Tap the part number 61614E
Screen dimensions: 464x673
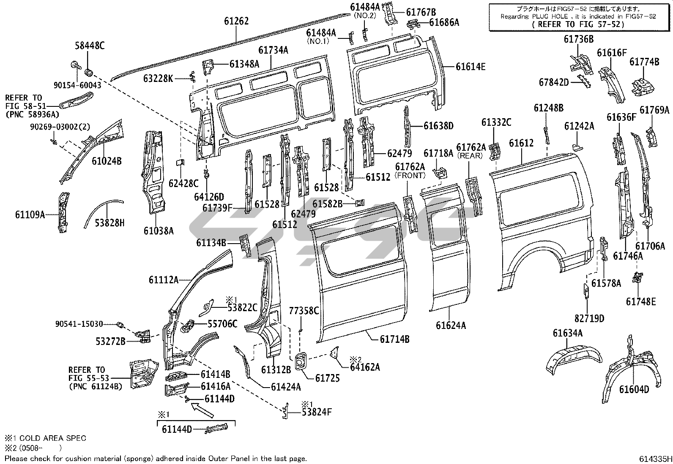coord(471,66)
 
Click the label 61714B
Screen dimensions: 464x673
coord(394,339)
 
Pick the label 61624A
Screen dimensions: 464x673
coord(451,325)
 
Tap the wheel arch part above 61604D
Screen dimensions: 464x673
coord(630,367)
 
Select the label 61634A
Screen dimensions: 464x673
coord(567,333)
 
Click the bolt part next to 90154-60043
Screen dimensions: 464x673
coord(73,65)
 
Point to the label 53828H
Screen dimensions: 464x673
coord(109,223)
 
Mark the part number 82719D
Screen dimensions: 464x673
coord(589,318)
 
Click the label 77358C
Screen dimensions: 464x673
coord(304,311)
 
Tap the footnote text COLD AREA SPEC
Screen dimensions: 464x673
coord(50,438)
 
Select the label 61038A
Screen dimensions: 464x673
coord(159,231)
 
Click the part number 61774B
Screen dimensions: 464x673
coord(644,62)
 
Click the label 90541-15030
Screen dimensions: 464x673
coord(79,324)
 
